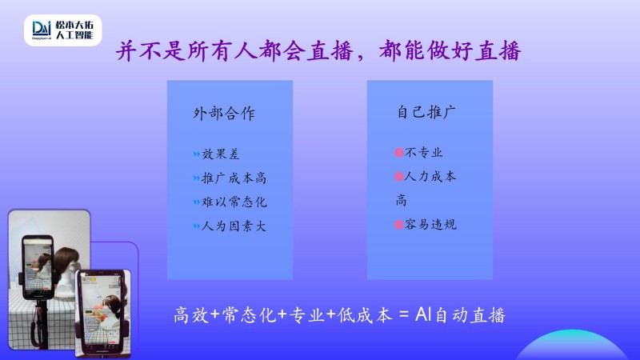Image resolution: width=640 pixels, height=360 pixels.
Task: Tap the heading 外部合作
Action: [224, 114]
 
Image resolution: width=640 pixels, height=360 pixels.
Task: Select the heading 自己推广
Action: [426, 112]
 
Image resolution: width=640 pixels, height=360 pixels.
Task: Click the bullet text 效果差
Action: [221, 154]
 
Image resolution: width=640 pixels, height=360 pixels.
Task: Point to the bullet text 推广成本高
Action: [234, 178]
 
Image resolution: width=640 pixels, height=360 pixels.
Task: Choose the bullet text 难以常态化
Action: [234, 202]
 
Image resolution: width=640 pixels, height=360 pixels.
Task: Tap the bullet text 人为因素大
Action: [234, 226]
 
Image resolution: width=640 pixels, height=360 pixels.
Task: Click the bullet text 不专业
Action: [424, 152]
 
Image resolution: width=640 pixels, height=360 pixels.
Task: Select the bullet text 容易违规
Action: [430, 224]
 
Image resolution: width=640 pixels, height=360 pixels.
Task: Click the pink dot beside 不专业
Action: [398, 153]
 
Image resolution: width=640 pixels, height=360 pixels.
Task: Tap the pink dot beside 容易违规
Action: [398, 225]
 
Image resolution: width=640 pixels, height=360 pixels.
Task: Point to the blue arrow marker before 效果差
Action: [196, 154]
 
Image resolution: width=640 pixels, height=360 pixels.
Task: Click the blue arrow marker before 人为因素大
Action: [196, 226]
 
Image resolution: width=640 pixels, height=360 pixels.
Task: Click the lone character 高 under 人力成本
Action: [402, 200]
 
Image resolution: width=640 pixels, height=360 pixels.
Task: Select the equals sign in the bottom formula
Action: [404, 314]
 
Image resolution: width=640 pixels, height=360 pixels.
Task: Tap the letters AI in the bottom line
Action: [423, 314]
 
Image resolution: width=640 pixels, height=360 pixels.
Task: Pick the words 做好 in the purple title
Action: [450, 51]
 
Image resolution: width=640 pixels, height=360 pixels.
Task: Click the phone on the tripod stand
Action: [38, 267]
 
